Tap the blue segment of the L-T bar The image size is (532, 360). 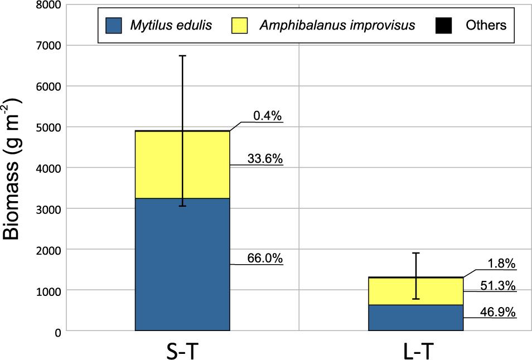[x=416, y=318]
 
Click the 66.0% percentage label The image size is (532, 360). [x=265, y=259]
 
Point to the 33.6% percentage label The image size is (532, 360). [x=265, y=159]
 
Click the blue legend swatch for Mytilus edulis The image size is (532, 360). [x=113, y=25]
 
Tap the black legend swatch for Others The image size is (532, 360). [x=443, y=25]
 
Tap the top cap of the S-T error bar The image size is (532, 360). [x=182, y=56]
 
